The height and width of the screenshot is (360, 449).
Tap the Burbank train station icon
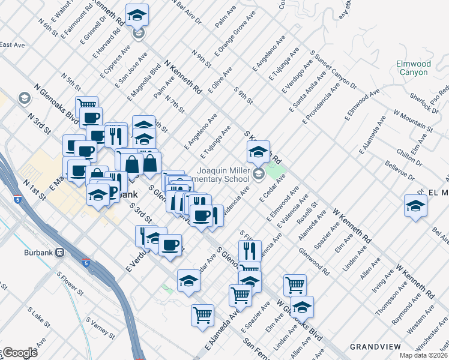59,253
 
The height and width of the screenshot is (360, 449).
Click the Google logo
20,353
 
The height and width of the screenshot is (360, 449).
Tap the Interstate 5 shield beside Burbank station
86,263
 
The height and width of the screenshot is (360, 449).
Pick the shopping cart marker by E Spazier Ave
240,295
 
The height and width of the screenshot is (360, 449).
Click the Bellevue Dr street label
400,172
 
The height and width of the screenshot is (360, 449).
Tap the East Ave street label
12,45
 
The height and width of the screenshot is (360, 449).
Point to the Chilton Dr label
415,157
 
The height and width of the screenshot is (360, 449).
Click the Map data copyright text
423,355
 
